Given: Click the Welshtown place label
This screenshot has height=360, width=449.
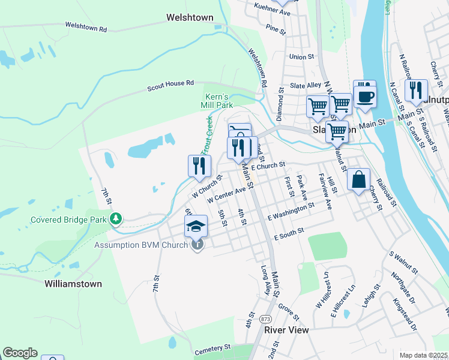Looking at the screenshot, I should click(x=190, y=18).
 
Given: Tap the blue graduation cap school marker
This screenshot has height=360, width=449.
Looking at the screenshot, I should click(x=196, y=226).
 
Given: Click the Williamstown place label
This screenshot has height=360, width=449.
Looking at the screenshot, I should click(x=73, y=283).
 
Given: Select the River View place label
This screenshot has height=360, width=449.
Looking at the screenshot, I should click(x=286, y=330).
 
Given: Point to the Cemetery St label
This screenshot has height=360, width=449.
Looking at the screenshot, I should click(x=211, y=347).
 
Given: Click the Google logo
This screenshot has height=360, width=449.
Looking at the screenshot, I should click(x=20, y=353).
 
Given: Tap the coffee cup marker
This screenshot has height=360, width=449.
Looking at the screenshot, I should click(x=364, y=95).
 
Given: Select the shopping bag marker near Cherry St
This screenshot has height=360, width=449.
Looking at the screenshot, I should click(x=358, y=179).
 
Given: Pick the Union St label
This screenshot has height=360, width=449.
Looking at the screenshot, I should click(x=301, y=57).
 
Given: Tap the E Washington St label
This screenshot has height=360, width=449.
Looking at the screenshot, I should click(x=291, y=210).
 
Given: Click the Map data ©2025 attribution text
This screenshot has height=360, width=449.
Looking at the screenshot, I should click(x=423, y=355).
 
